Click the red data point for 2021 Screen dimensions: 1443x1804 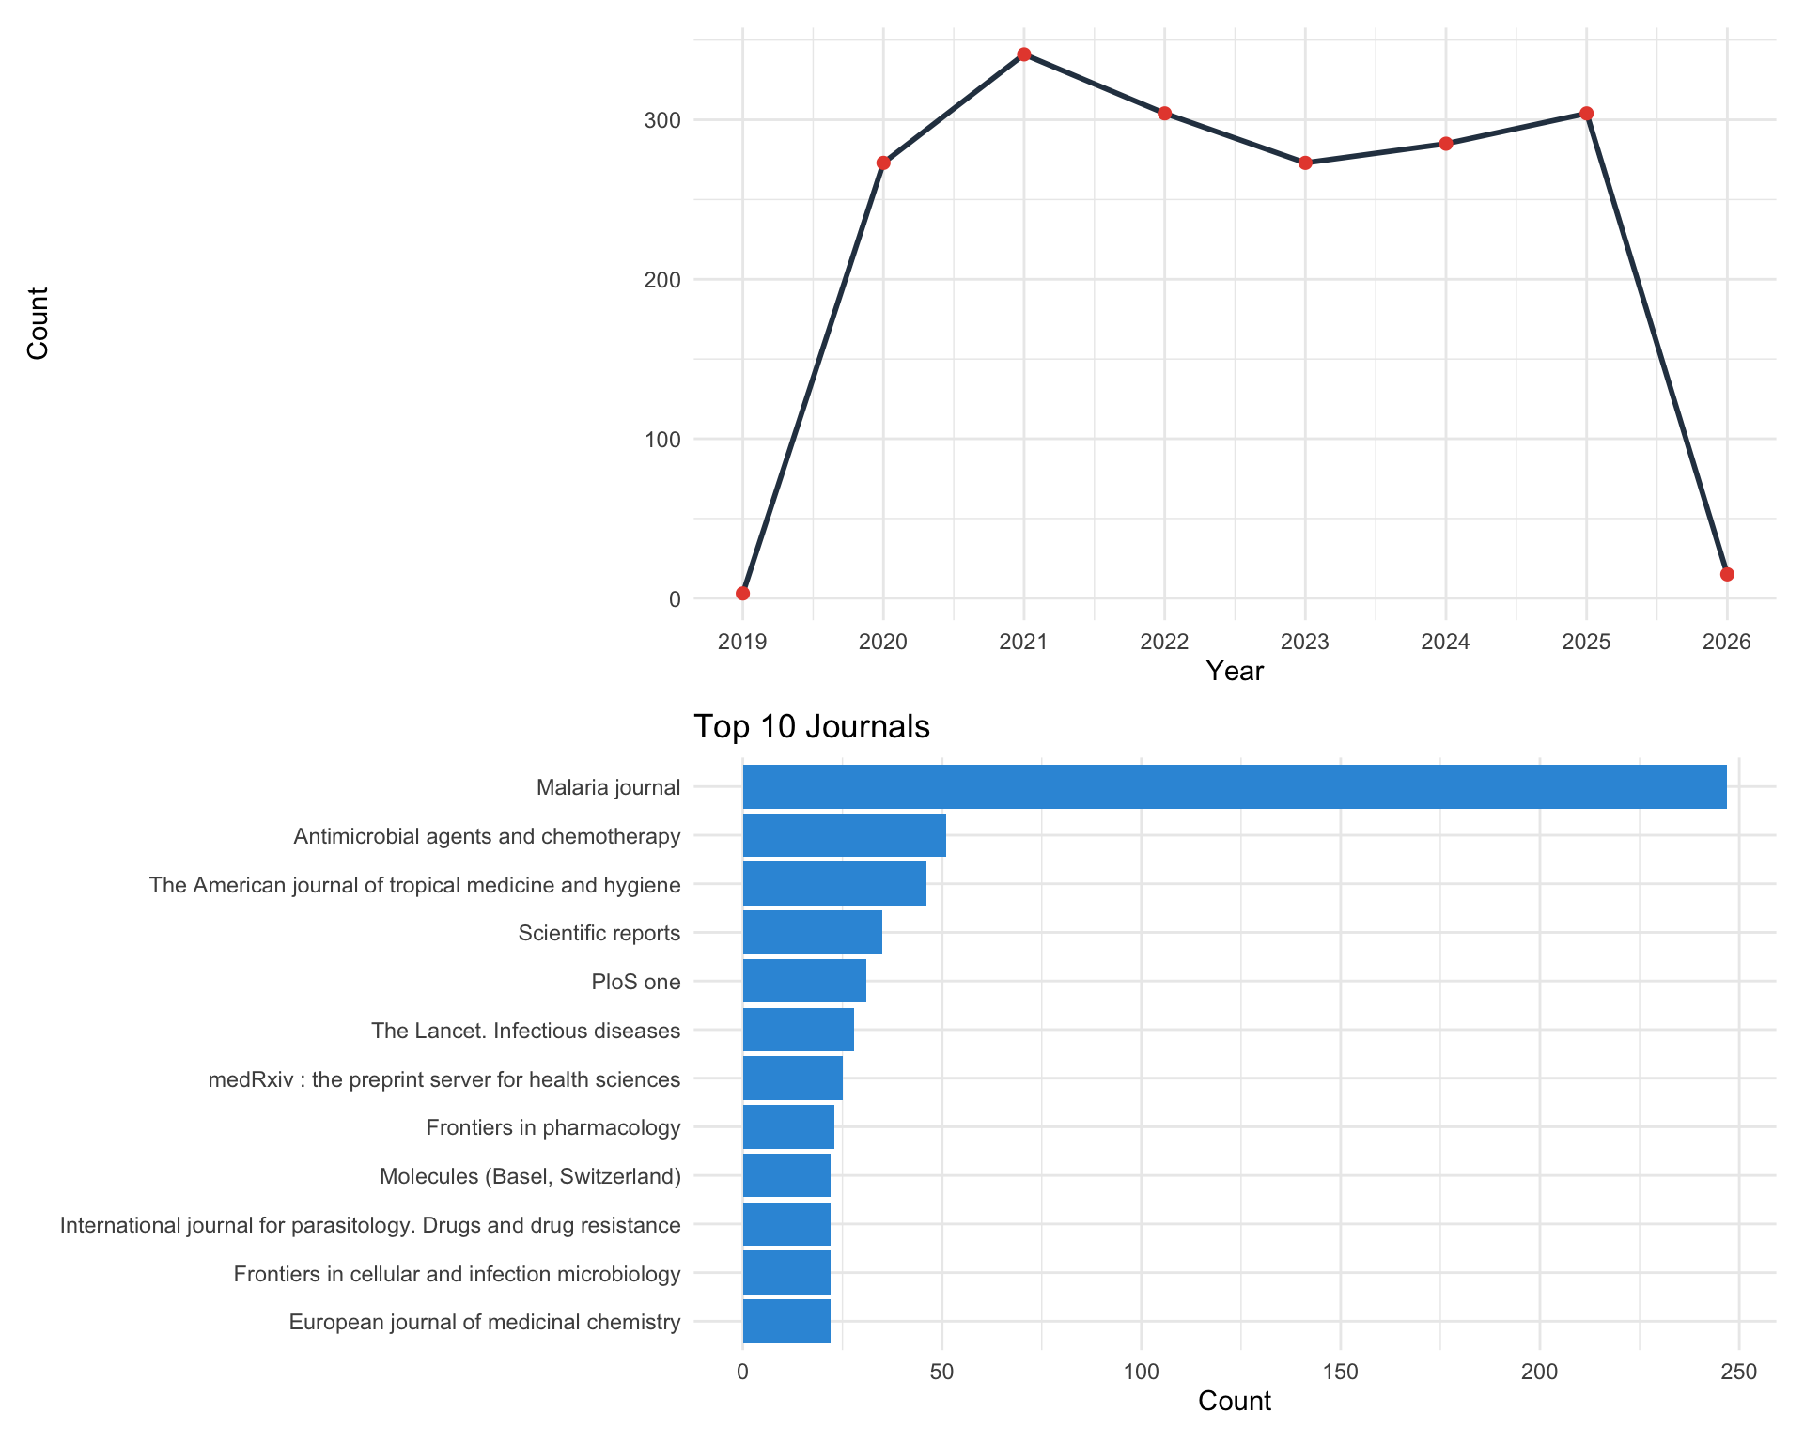tap(1023, 54)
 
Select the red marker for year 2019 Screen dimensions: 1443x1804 tap(742, 593)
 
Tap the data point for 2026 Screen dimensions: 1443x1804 tap(1726, 574)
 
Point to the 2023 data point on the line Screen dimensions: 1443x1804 tap(1305, 163)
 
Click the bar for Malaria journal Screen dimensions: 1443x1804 tap(1234, 786)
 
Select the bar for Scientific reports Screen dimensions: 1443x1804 tap(812, 932)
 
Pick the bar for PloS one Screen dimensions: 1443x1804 tap(804, 981)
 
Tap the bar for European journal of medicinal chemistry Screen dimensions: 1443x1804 tap(786, 1321)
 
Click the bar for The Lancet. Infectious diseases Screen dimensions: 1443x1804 tap(798, 1030)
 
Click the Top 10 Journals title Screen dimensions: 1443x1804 tap(811, 726)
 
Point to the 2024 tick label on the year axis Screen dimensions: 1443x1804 tap(1445, 642)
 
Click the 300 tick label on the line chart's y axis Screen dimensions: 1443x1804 tap(662, 121)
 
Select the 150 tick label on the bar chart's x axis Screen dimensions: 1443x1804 tap(1340, 1372)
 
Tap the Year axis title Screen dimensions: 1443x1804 tap(1234, 671)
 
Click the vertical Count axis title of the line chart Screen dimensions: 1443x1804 tap(38, 323)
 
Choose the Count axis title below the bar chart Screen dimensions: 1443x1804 tap(1234, 1401)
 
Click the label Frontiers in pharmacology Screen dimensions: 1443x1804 tap(552, 1127)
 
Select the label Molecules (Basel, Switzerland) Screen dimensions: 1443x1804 tap(530, 1176)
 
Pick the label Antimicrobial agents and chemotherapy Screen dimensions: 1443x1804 tap(487, 836)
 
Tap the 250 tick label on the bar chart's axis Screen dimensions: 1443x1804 tap(1738, 1372)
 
